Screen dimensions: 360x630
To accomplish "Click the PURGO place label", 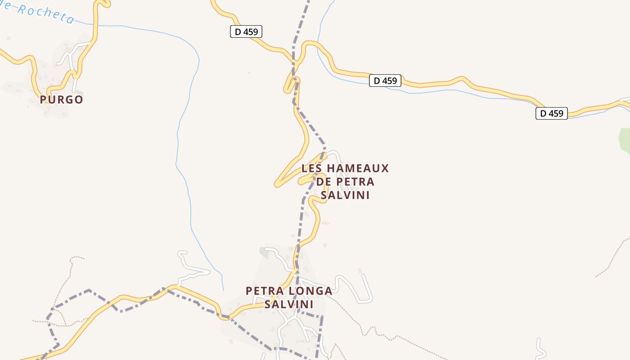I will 62,99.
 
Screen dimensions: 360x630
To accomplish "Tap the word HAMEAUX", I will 357,169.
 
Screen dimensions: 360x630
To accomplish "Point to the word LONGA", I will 310,291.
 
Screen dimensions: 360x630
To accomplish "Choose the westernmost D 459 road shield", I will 246,32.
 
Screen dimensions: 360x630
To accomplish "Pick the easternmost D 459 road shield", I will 551,113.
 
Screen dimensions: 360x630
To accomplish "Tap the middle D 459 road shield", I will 385,81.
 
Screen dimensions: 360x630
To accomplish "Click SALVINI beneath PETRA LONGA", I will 288,304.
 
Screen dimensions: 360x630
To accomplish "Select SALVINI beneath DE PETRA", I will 345,195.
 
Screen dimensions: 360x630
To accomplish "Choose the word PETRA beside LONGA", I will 264,291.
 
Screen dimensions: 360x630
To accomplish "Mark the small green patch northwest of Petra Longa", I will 264,253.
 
